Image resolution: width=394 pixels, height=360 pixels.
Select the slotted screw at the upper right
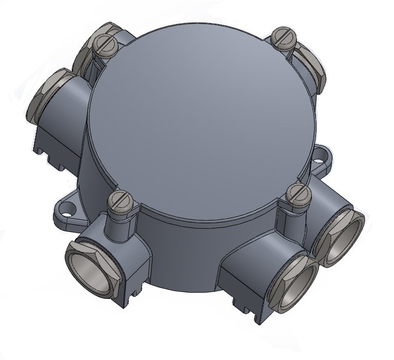click(x=283, y=38)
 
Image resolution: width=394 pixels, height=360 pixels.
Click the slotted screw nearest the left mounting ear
click(x=119, y=202)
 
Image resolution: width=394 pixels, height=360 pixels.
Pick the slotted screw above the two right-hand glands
click(x=297, y=195)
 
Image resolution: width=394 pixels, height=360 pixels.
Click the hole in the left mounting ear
click(x=66, y=208)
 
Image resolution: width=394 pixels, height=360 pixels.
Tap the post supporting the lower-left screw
click(x=119, y=226)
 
